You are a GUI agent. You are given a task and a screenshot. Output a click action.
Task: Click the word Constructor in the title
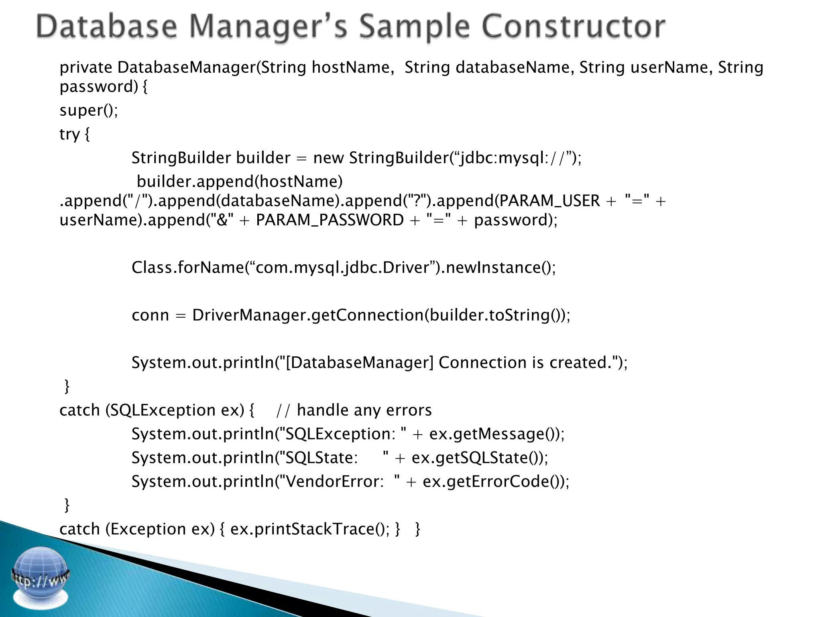(x=573, y=27)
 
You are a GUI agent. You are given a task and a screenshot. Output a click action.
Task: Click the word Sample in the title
(x=414, y=27)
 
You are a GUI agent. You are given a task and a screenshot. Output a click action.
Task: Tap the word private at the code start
(x=86, y=67)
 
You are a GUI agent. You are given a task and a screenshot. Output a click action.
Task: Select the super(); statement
(x=89, y=110)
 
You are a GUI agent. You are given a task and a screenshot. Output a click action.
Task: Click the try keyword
(x=69, y=134)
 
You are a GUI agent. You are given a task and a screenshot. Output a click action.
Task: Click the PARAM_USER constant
(x=549, y=200)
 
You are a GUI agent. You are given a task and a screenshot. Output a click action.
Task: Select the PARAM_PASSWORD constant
(x=330, y=220)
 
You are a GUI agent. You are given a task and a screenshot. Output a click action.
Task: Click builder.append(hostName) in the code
(x=240, y=182)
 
